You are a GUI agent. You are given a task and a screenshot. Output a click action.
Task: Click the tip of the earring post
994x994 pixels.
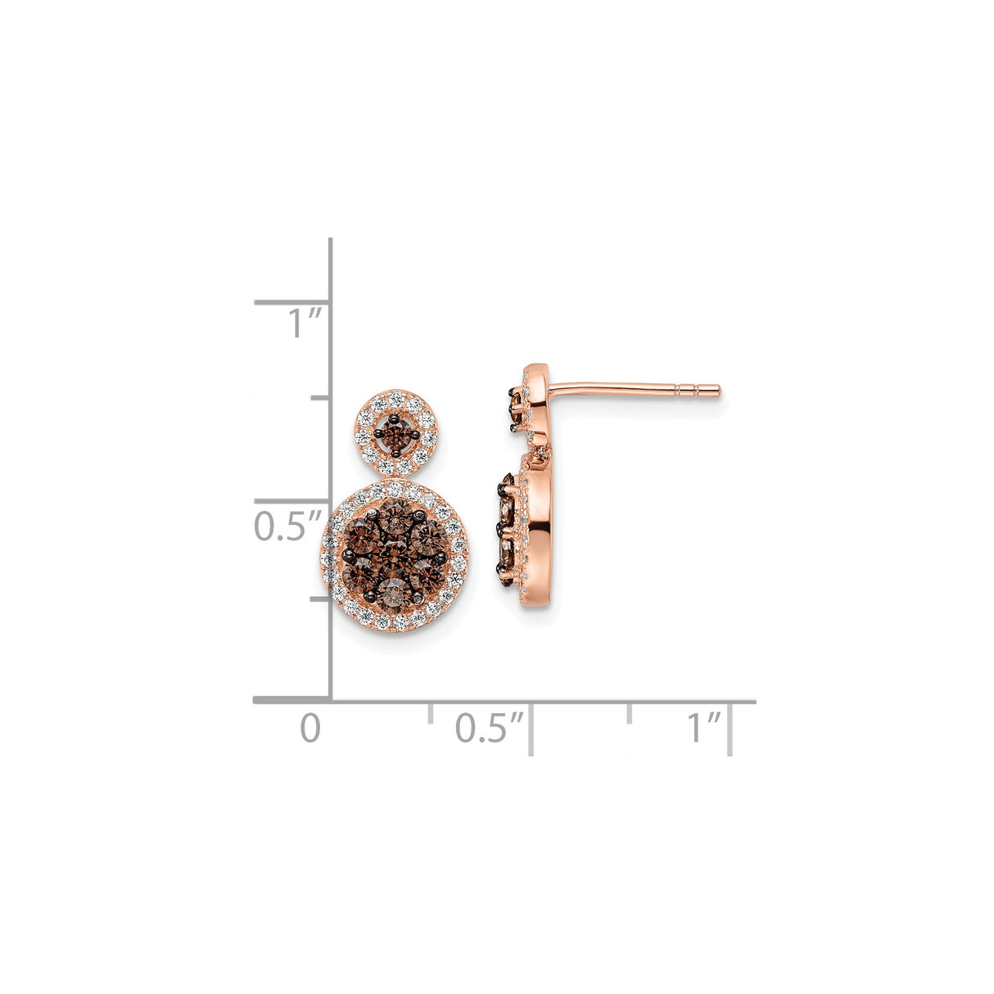(718, 390)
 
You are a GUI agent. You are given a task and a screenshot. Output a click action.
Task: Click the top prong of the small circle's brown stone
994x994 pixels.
(397, 418)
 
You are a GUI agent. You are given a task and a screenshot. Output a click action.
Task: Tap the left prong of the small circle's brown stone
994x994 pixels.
(380, 434)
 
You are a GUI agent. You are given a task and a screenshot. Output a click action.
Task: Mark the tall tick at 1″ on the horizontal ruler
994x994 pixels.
(730, 729)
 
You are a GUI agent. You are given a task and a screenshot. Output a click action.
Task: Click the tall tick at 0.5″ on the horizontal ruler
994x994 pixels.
(531, 729)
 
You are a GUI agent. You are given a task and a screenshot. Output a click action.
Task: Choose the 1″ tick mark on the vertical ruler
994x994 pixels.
(291, 302)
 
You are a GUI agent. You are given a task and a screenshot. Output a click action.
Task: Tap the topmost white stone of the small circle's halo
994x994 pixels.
(397, 398)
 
